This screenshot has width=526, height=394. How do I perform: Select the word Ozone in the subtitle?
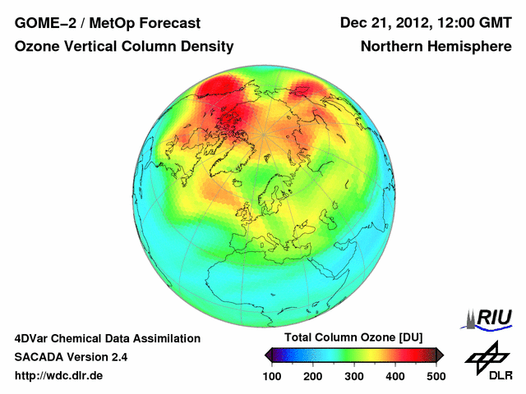coord(39,47)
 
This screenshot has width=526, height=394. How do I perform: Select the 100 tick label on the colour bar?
coord(273,376)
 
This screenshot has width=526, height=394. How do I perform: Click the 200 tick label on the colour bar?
coord(313,376)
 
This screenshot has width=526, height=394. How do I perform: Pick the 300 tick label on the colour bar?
coord(354,376)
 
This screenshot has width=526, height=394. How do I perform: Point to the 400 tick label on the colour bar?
coord(394,376)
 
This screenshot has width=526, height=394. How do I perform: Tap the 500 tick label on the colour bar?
coord(436,376)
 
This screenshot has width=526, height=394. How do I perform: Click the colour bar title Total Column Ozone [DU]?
coord(353,338)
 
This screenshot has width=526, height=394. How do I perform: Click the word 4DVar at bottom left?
coord(33,338)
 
